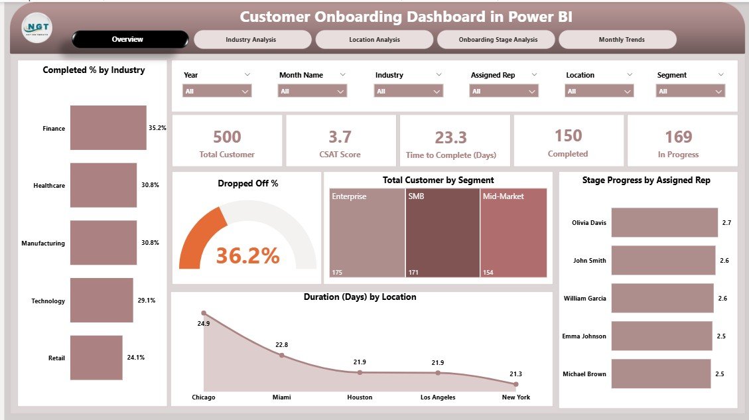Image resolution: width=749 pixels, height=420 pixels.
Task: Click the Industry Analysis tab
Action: pyautogui.click(x=252, y=40)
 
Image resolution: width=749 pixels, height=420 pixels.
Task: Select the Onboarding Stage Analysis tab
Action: pyautogui.click(x=498, y=40)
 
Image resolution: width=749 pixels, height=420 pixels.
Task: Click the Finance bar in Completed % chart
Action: pyautogui.click(x=108, y=128)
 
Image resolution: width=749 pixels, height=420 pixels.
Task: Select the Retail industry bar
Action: pyautogui.click(x=96, y=358)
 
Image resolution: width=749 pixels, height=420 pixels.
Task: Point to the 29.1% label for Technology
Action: pyautogui.click(x=147, y=301)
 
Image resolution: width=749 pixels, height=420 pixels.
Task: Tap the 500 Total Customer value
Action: pyautogui.click(x=227, y=137)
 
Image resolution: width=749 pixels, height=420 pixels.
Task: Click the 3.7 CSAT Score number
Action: pyautogui.click(x=340, y=137)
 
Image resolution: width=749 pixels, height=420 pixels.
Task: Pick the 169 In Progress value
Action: pyautogui.click(x=679, y=137)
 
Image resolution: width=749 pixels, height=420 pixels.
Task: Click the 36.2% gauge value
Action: pyautogui.click(x=247, y=255)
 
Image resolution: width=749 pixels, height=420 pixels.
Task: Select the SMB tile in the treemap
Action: pyautogui.click(x=442, y=232)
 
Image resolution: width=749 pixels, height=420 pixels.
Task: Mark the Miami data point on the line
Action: pyautogui.click(x=281, y=355)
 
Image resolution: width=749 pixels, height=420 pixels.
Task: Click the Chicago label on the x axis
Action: pyautogui.click(x=203, y=397)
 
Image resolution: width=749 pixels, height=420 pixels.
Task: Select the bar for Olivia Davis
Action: pyautogui.click(x=664, y=223)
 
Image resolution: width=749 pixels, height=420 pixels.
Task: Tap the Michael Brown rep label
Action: pyautogui.click(x=584, y=374)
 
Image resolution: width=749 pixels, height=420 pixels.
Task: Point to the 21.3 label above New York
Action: pyautogui.click(x=515, y=374)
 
